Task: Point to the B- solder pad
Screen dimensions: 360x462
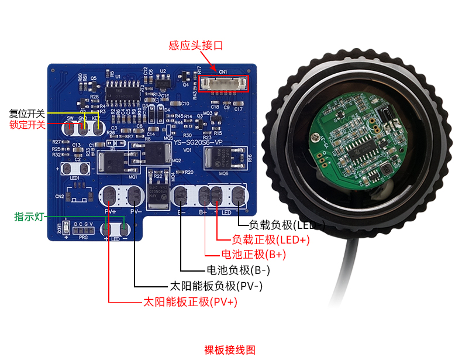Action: [181, 196]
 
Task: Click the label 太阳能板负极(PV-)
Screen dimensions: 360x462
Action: [216, 286]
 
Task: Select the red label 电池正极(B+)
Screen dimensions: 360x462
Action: [253, 255]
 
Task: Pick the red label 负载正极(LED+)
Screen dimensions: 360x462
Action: [271, 239]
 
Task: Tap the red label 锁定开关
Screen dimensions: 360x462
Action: [27, 124]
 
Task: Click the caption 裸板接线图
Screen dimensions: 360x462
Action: [230, 350]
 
